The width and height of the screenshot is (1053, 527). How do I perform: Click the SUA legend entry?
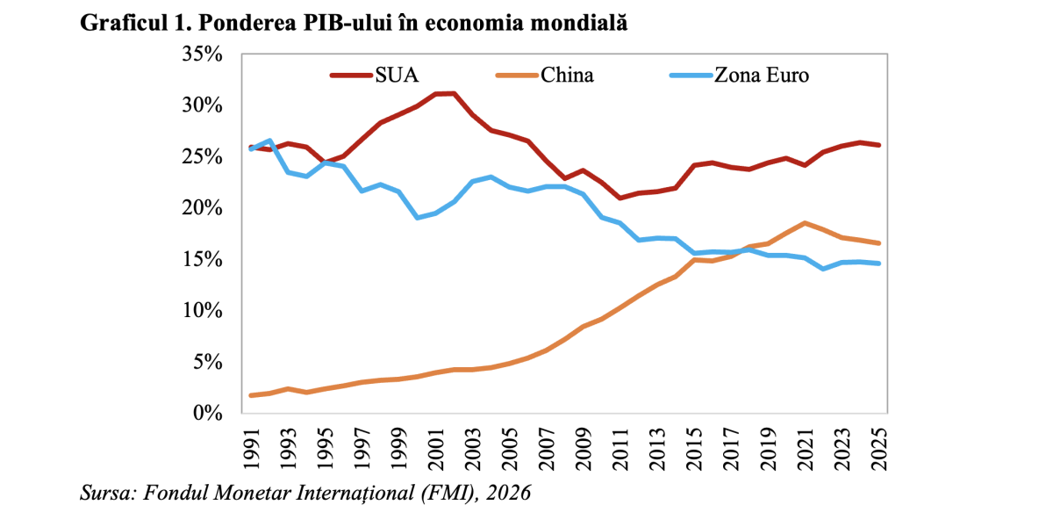coord(378,75)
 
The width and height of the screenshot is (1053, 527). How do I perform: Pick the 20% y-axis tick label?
coord(204,208)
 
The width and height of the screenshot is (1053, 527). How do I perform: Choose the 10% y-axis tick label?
coord(204,310)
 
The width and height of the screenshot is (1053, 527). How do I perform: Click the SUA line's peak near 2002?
coord(454,93)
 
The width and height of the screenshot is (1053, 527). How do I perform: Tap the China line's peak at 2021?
coord(806,223)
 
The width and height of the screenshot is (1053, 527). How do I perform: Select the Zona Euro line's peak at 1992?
coord(269,141)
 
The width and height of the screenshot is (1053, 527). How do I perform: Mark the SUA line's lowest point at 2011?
coord(621,198)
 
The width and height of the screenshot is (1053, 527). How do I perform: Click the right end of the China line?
coord(879,243)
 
